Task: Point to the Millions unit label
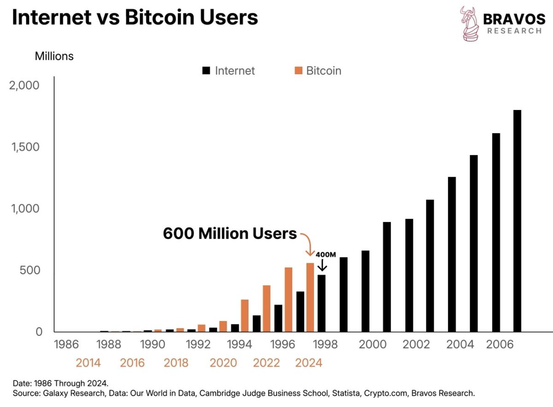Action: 54,56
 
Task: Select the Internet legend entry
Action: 229,71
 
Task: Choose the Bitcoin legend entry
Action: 318,71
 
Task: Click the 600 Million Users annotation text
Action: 229,234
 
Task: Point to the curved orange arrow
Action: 307,244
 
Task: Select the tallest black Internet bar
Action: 518,221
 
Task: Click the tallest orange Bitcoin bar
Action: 310,297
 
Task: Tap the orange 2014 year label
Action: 88,363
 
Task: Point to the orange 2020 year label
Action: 223,363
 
